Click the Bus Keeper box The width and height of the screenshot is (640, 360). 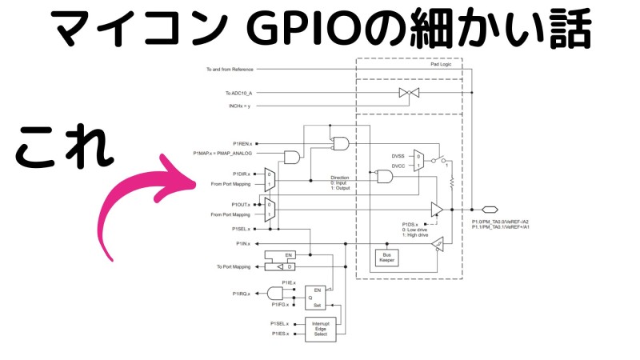click(x=386, y=257)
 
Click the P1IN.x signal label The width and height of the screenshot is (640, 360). click(x=242, y=242)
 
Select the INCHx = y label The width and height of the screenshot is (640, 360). click(x=238, y=106)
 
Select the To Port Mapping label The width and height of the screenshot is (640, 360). click(x=233, y=266)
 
